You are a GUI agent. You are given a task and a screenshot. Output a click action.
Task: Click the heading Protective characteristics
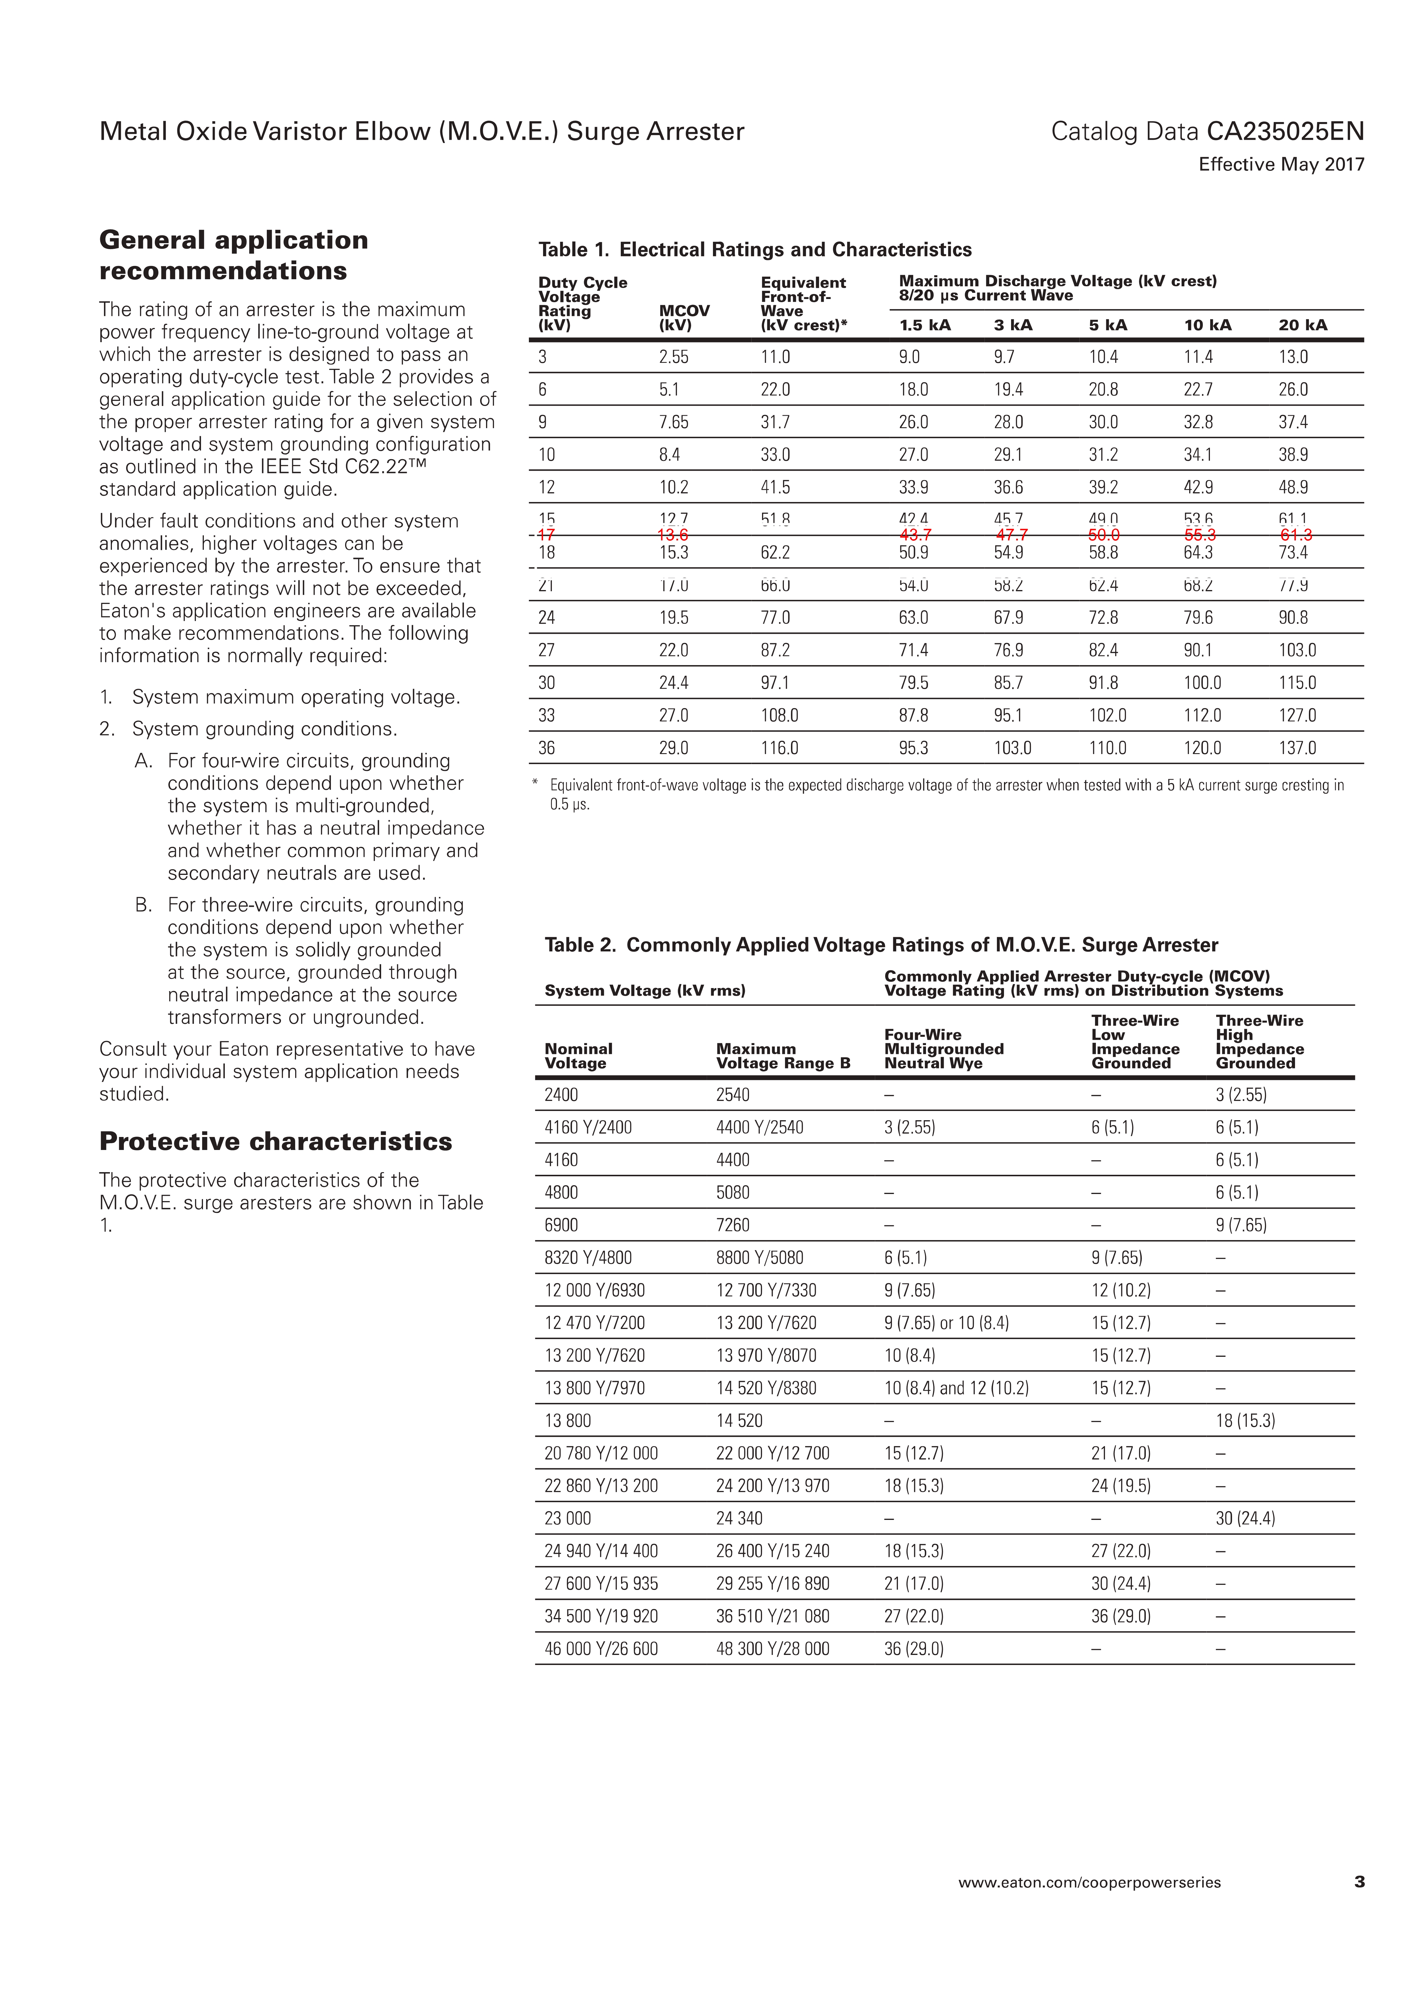click(276, 1141)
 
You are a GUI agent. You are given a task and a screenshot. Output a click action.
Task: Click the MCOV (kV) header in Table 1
click(684, 318)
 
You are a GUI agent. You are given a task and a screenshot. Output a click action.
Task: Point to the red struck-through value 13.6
click(673, 535)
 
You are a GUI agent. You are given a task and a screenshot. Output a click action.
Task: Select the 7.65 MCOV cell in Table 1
click(674, 422)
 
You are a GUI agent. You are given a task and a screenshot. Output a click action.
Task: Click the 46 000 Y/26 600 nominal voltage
click(601, 1648)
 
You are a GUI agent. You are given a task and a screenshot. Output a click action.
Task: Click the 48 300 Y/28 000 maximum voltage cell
click(772, 1648)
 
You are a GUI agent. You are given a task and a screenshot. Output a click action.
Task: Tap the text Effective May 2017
click(1281, 165)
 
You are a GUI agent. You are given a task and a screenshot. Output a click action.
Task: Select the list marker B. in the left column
click(144, 905)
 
